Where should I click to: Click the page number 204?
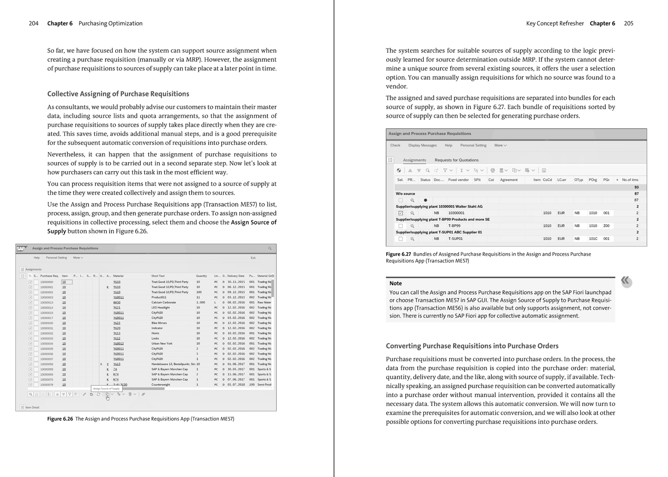33,23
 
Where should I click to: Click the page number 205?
628,23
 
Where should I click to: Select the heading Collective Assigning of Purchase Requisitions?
118,94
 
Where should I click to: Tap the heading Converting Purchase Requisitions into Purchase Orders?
472,346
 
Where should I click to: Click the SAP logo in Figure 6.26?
21,249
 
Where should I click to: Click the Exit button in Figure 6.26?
253,258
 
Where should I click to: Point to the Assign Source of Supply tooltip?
106,388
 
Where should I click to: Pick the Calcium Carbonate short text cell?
163,302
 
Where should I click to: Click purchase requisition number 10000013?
46,302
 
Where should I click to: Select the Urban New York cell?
162,343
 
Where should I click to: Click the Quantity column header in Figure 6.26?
201,276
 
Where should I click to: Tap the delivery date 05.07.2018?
236,385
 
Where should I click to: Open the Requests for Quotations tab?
456,160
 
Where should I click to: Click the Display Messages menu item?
422,145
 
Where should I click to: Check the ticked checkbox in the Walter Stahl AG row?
401,213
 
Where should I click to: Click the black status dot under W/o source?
425,200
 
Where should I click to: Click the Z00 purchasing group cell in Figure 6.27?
606,226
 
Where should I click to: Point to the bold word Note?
395,283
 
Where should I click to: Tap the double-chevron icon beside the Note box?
625,281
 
